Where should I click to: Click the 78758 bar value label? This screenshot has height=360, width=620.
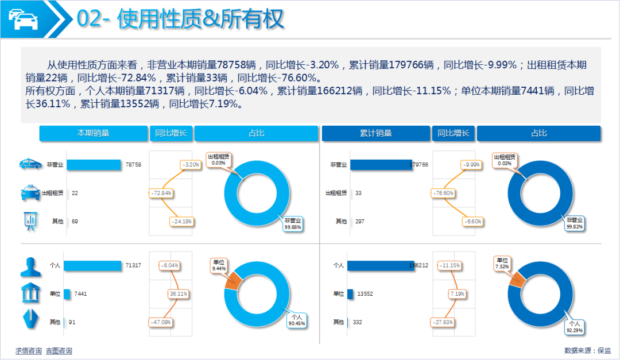(133, 165)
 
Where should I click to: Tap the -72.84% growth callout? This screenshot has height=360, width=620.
(161, 193)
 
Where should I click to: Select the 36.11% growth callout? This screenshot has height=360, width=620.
(179, 294)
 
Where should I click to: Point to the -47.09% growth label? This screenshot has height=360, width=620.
(160, 322)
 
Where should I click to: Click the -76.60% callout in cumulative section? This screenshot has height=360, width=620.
(443, 193)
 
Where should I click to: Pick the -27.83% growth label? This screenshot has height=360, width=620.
(443, 322)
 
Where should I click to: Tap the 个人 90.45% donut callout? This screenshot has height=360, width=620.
(297, 320)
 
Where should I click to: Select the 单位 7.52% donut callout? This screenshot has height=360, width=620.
(503, 264)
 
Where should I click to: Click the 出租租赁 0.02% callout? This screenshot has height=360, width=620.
(505, 160)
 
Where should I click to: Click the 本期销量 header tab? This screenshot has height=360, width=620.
(94, 133)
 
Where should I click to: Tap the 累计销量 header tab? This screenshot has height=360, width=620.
(376, 133)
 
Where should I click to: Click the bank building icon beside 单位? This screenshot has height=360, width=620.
(30, 293)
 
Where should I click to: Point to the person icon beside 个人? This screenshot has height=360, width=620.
(30, 266)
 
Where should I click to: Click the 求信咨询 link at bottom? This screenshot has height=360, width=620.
(28, 351)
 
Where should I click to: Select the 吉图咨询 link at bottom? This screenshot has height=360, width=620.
(59, 351)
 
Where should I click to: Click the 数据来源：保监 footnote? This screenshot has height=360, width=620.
(588, 350)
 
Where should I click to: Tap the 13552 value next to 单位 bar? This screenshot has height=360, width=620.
(365, 294)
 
